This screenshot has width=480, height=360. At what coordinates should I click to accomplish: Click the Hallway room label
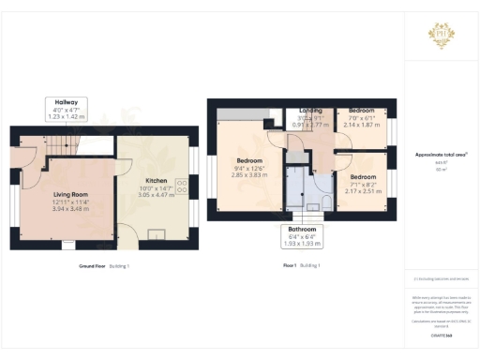click(x=67, y=102)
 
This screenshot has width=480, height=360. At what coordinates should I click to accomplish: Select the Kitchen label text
click(x=157, y=180)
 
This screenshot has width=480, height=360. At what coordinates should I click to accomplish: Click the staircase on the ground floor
click(x=62, y=144)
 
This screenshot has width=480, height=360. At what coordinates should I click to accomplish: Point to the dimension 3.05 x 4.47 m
click(x=157, y=194)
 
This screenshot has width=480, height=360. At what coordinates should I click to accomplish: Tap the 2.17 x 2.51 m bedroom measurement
click(x=362, y=189)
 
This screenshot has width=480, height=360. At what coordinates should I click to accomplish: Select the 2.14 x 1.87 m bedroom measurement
click(x=362, y=124)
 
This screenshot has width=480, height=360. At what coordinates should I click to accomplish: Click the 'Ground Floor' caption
click(x=91, y=266)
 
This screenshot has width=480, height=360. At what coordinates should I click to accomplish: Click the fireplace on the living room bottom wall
click(x=65, y=246)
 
